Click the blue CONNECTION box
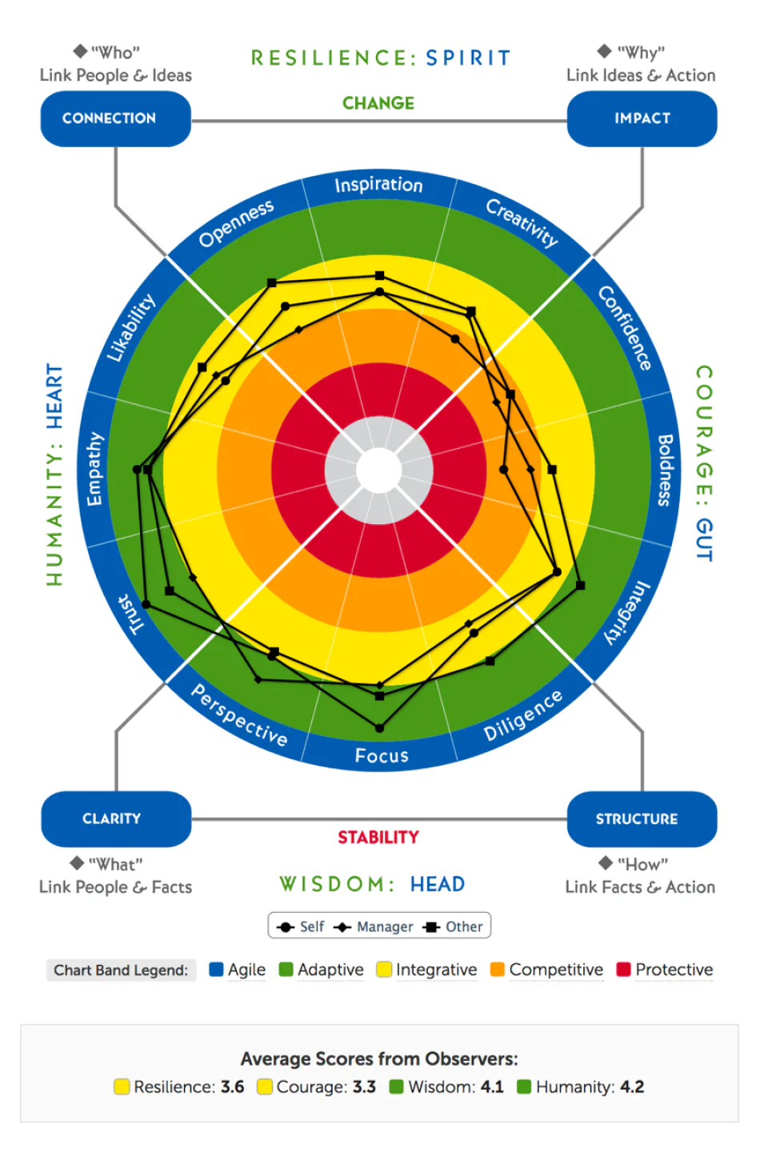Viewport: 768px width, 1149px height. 115,118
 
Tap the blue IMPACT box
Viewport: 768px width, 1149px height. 642,118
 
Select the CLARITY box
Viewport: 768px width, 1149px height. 116,819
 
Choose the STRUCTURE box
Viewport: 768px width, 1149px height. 642,819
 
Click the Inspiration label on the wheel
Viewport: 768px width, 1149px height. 378,185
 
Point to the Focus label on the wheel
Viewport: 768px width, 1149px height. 382,755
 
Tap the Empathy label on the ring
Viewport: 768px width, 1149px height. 94,469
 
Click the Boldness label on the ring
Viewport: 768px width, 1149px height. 665,470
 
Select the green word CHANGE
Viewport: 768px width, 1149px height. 378,103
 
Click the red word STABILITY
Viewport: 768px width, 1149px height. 378,837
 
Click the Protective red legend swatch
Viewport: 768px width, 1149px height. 623,970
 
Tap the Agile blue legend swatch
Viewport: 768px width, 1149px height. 216,970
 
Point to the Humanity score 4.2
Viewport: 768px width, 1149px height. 632,1087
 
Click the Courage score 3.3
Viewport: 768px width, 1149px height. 364,1087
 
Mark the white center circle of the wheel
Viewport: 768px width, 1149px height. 378,470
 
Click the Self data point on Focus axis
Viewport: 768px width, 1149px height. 380,728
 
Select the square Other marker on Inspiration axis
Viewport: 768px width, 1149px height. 380,275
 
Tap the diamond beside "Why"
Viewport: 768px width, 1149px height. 605,51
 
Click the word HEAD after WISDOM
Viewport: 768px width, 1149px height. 437,884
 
